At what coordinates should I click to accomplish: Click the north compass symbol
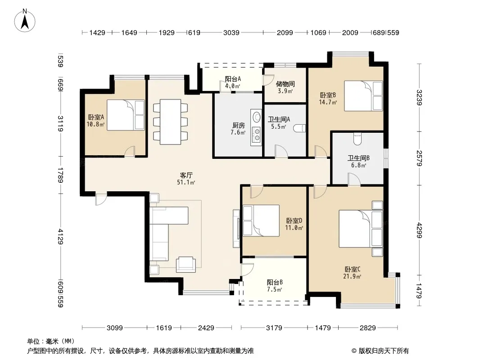point(24,20)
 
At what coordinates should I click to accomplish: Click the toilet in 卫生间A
point(300,128)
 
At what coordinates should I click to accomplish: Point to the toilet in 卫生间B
point(358,139)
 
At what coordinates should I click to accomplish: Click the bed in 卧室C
point(361,229)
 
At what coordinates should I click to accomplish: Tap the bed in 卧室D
point(261,220)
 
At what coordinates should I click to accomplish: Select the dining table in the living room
point(170,122)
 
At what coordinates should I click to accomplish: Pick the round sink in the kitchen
point(256,117)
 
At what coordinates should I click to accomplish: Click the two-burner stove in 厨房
point(256,135)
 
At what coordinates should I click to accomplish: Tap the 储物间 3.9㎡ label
point(285,87)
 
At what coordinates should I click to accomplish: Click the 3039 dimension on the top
point(231,33)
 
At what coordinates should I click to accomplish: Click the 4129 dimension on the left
point(60,236)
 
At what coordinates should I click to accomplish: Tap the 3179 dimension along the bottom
point(274,328)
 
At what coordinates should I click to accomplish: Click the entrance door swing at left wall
point(101,199)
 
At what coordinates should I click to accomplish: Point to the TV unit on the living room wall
point(236,229)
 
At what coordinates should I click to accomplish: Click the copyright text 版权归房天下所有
point(383,351)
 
